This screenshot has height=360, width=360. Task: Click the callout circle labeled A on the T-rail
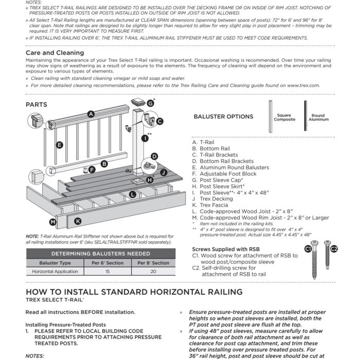[x=91, y=114]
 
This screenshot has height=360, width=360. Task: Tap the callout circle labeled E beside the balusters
[x=59, y=145]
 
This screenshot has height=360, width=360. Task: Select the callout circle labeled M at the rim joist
[x=52, y=222]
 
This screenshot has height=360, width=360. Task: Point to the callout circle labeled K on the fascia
[x=78, y=221]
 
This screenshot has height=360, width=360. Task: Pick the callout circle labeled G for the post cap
[x=150, y=103]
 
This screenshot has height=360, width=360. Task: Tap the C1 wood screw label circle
[x=309, y=249]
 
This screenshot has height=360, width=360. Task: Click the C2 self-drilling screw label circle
[x=333, y=249]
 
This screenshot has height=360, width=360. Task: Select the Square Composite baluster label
[x=284, y=117]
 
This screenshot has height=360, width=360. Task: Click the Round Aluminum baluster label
[x=318, y=117]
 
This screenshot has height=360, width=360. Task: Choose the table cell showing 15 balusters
[x=107, y=271]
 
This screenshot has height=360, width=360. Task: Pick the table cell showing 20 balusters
[x=153, y=271]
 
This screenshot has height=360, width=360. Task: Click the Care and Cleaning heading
[x=55, y=52]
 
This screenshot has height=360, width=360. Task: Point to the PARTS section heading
[x=36, y=104]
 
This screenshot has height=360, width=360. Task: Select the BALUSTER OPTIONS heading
[x=223, y=116]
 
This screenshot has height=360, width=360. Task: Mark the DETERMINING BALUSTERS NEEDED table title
[x=100, y=254]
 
